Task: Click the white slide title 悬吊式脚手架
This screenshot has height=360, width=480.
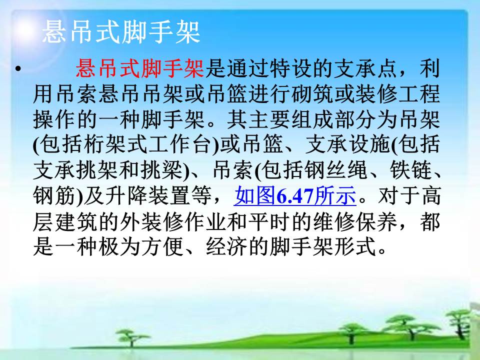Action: tap(121, 32)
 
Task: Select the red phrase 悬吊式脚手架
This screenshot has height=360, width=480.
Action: tap(140, 68)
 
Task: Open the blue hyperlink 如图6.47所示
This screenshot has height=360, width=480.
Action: tap(295, 195)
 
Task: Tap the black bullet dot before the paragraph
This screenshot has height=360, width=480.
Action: tap(18, 68)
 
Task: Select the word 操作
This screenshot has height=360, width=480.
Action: tap(54, 119)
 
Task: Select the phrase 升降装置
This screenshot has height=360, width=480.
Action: tap(149, 195)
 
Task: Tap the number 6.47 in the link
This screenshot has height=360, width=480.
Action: tap(295, 196)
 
